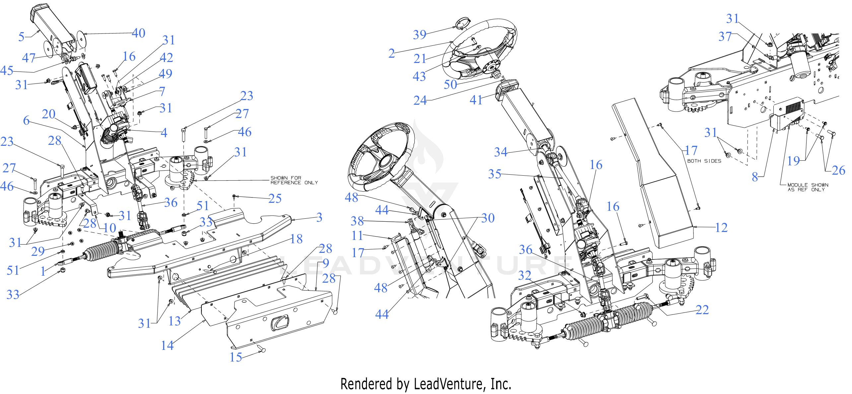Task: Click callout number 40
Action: (x=139, y=33)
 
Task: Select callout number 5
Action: (x=21, y=36)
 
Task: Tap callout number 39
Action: (x=420, y=34)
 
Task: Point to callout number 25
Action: (x=275, y=198)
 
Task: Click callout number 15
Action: (x=236, y=357)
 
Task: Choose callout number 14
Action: (x=167, y=346)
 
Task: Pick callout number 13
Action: (x=175, y=321)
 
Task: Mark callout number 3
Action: (x=319, y=217)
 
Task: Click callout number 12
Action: (x=721, y=228)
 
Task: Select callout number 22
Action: (x=702, y=310)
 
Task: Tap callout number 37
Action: (x=725, y=36)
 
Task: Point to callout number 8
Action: (x=755, y=177)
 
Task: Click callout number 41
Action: (x=476, y=100)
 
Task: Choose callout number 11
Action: (x=357, y=236)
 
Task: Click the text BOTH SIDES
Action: (x=704, y=161)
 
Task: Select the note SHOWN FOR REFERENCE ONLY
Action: (x=294, y=180)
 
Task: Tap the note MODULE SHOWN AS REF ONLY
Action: (x=808, y=187)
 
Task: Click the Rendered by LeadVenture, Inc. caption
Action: (x=426, y=384)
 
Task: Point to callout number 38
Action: (x=357, y=221)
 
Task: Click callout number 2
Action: (x=391, y=53)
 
